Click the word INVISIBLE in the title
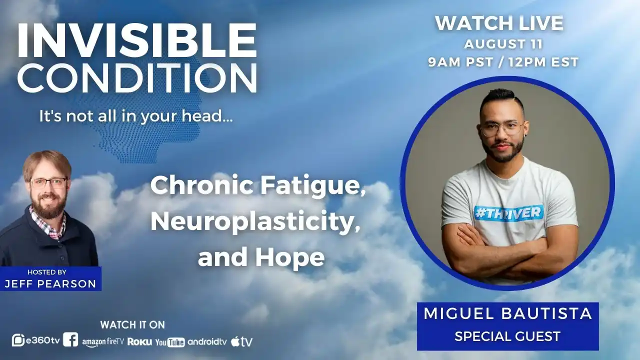137,40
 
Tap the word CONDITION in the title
137,78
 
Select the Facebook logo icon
70,339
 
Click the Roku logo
139,341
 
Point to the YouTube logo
170,342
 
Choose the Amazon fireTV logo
103,342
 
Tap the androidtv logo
207,341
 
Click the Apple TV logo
241,341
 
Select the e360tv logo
35,340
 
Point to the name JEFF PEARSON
50,283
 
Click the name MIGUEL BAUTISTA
507,313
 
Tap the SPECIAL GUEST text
507,336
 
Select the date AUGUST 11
503,44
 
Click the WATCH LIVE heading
499,23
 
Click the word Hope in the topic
290,257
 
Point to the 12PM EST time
543,62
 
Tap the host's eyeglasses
48,183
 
